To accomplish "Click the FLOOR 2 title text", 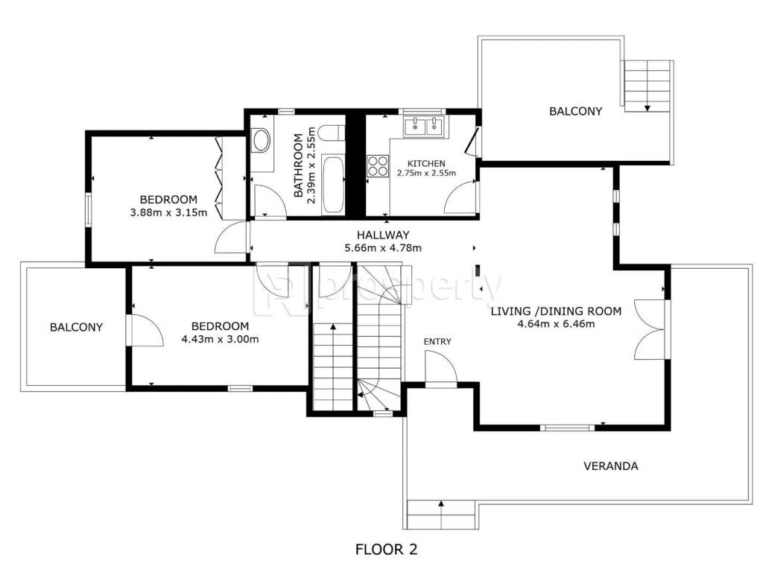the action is (387, 550).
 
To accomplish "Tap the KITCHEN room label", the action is (426, 163).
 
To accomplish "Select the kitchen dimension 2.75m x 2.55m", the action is (426, 173).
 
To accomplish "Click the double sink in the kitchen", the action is (423, 126).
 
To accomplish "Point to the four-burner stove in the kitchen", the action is (378, 165).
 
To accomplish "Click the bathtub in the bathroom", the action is (333, 185).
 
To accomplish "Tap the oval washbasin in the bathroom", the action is (262, 140).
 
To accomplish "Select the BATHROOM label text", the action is (298, 165).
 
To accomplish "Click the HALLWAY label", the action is (383, 235).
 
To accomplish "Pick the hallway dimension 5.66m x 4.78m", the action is (383, 248).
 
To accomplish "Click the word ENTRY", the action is (437, 341).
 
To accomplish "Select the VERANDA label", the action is (611, 466).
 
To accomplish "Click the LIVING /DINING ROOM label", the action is (556, 311).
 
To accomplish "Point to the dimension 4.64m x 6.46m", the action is (556, 324).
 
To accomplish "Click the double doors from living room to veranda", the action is (650, 330).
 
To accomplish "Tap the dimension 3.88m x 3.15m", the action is (168, 212).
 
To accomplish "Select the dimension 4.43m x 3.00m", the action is (220, 339).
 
